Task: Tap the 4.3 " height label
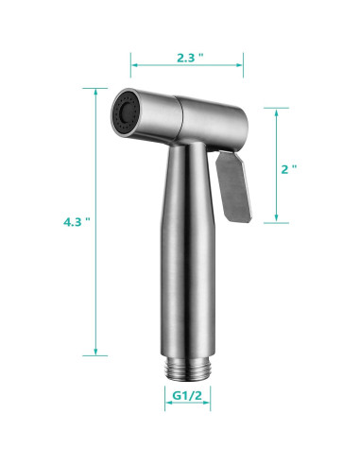(x=77, y=222)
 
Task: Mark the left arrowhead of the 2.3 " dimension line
(x=132, y=64)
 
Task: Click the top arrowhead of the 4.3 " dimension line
(x=95, y=91)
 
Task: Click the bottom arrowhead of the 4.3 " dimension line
(x=95, y=353)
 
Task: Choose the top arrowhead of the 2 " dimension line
(x=275, y=110)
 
